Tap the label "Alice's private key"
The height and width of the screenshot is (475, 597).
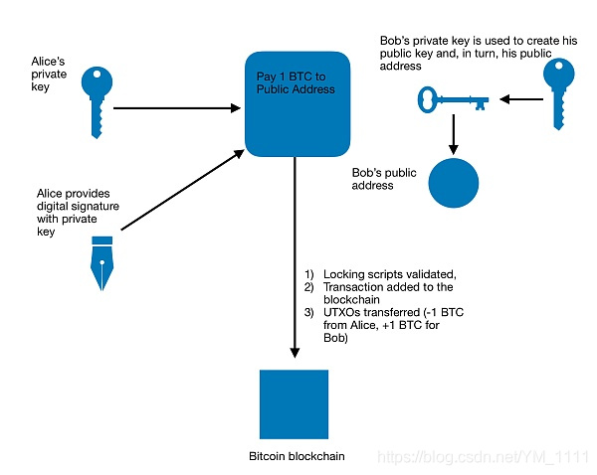(49, 75)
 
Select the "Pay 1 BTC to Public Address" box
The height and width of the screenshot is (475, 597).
(298, 104)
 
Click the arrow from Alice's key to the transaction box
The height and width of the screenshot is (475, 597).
(177, 108)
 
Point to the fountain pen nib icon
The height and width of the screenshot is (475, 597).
(102, 263)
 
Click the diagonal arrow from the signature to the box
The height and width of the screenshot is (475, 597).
(183, 190)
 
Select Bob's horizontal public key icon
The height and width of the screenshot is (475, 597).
(453, 100)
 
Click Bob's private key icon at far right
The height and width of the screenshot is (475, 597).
(558, 93)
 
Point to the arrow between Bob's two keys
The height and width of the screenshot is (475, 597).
(521, 99)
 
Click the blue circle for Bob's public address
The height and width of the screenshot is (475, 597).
(454, 183)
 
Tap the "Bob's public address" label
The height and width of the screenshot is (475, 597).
(384, 179)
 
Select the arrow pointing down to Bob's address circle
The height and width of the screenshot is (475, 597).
(454, 134)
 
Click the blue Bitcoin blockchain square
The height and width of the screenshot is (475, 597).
(294, 404)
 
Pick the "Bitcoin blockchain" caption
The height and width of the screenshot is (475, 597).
(297, 456)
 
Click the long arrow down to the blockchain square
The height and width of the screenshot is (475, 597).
(295, 257)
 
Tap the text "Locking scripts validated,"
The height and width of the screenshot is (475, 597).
(390, 274)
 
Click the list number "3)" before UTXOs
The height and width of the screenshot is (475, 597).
(308, 312)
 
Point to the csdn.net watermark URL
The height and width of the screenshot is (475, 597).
(483, 457)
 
